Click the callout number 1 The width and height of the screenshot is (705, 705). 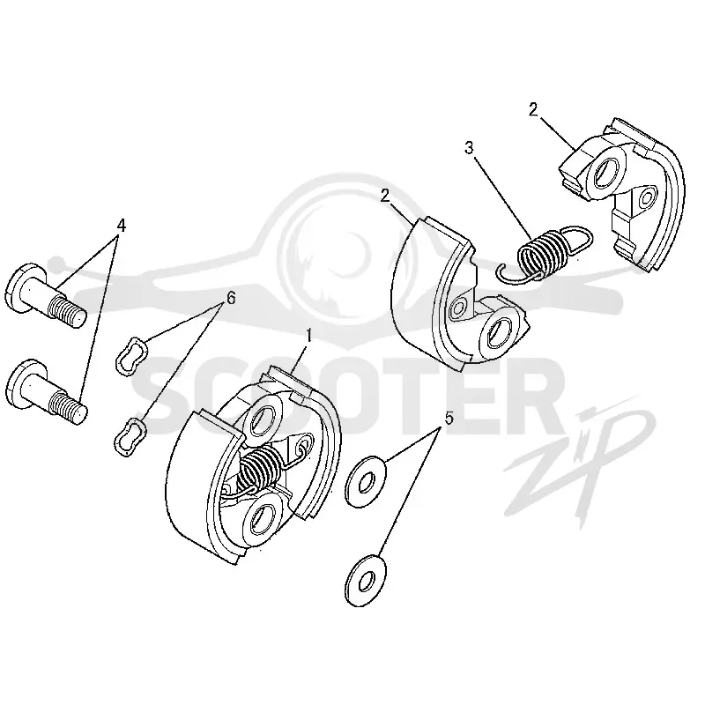(309, 336)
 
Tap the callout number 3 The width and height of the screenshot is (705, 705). (469, 148)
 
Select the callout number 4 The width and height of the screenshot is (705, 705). (121, 226)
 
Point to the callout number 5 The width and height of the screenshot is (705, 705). (449, 418)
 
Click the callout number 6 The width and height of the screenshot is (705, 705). (231, 298)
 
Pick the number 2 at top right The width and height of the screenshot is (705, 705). (533, 109)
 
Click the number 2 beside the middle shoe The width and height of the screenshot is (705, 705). (385, 196)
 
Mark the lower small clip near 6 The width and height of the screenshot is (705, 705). (130, 435)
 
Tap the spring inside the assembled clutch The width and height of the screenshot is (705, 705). (261, 469)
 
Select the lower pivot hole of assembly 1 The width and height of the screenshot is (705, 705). (260, 517)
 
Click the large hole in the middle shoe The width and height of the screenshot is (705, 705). (499, 331)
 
